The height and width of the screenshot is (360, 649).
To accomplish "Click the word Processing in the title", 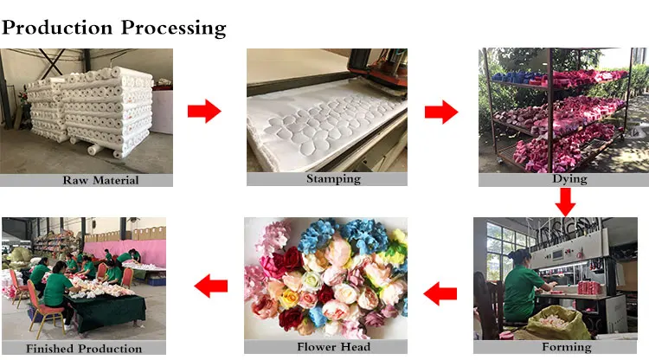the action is click(173, 28).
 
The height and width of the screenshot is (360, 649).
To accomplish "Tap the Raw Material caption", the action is click(87, 181).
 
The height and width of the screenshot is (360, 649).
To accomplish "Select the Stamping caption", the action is click(327, 179).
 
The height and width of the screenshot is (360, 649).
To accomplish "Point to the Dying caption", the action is click(568, 179).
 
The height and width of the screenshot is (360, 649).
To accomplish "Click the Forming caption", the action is click(567, 347).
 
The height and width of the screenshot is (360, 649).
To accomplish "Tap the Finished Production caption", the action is click(84, 348).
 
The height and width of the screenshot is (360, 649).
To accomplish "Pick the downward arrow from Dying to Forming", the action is click(565, 201).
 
